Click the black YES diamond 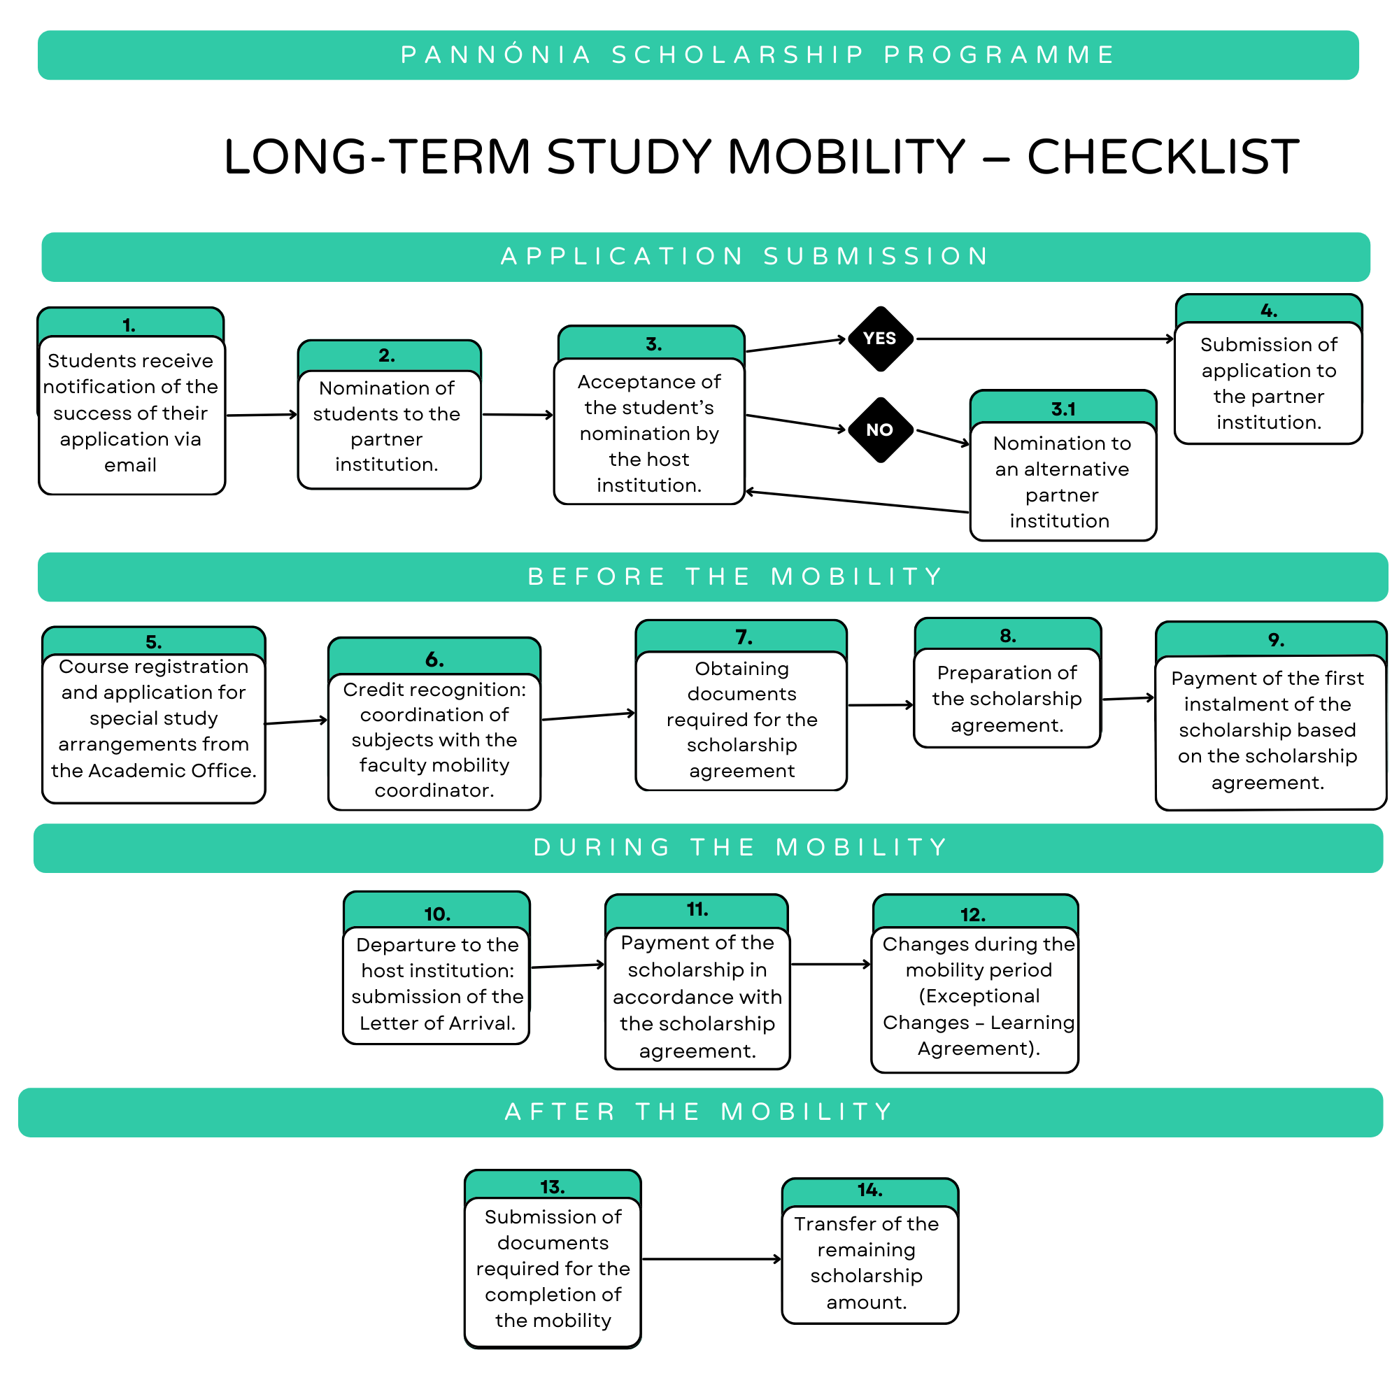tap(880, 339)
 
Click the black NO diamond tap(880, 429)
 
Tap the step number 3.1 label tap(1063, 409)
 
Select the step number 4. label tap(1269, 311)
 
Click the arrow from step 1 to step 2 tap(262, 415)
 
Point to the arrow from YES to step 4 tap(1043, 339)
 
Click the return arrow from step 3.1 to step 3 tap(858, 502)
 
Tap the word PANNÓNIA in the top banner tap(496, 55)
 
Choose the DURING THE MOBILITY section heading tap(740, 847)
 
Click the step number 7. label tap(744, 637)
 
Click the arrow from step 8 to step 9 tap(1128, 699)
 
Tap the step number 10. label tap(436, 914)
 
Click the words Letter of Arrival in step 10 tap(437, 1023)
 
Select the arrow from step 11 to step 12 tap(830, 965)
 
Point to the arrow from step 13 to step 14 tap(711, 1259)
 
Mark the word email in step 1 tap(130, 465)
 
